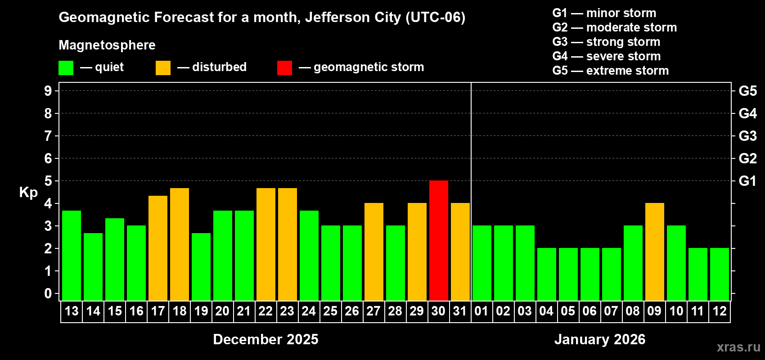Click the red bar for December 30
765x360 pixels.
coord(439,241)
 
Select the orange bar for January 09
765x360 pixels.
coord(655,252)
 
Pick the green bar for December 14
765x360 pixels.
coord(93,267)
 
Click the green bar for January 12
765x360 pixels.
coord(720,274)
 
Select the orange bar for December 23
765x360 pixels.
coord(288,244)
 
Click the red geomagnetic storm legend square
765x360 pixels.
coord(284,68)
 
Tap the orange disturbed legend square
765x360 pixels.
coord(163,68)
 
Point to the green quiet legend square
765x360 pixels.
coord(66,68)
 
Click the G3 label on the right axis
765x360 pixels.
coord(747,136)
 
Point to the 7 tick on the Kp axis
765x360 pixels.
coord(48,136)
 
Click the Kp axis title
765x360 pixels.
coord(28,193)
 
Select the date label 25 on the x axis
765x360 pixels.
coord(330,311)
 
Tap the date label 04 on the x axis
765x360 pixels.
coord(546,311)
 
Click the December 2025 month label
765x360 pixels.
coord(265,339)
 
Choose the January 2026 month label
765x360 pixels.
coord(600,339)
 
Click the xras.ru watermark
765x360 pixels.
coord(738,347)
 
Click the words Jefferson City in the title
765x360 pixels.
coord(353,18)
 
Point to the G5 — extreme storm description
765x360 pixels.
coord(610,71)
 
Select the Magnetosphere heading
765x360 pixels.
coord(107,45)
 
